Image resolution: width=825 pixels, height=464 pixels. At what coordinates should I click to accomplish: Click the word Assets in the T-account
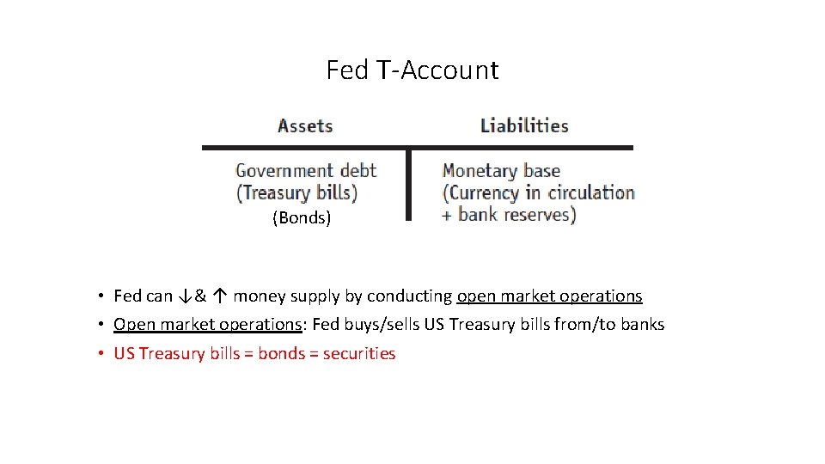[305, 126]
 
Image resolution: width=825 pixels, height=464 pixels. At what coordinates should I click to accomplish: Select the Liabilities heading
[524, 126]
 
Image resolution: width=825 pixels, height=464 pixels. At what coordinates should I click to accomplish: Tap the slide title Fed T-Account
[412, 70]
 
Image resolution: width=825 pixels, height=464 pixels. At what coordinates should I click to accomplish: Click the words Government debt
[306, 171]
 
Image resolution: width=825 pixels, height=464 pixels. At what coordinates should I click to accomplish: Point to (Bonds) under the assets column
[302, 218]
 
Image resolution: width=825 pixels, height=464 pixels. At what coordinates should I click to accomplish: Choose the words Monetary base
[501, 171]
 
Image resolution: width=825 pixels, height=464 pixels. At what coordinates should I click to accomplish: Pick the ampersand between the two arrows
[201, 296]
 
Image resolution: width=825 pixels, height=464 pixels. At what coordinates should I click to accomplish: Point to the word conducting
[409, 296]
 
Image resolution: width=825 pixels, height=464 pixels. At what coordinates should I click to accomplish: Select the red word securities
[359, 354]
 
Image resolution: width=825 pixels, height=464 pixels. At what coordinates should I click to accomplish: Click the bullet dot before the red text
[101, 354]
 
